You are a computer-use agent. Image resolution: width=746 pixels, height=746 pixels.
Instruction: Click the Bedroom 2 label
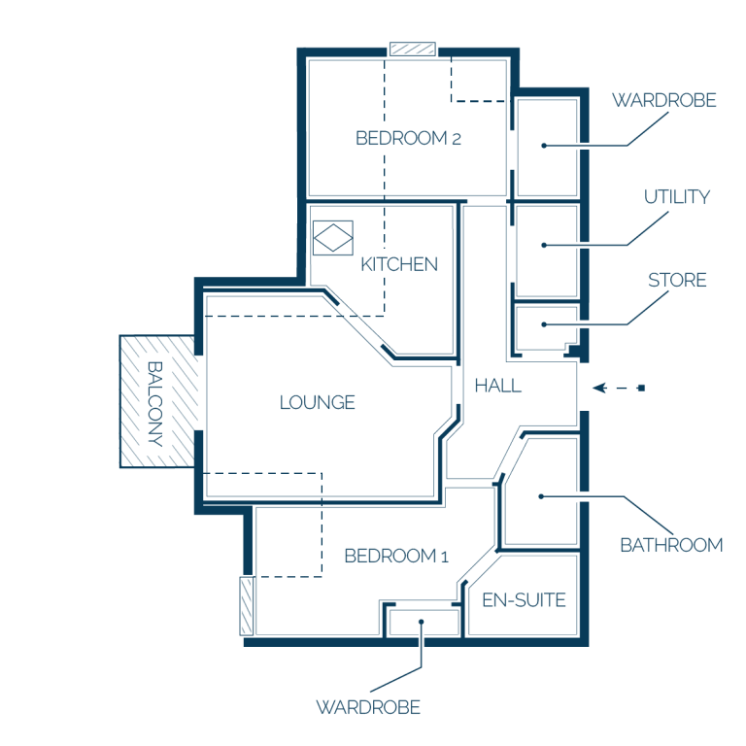(408, 138)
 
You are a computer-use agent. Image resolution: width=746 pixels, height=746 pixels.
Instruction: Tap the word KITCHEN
(399, 264)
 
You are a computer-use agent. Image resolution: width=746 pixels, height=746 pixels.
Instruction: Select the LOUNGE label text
(318, 402)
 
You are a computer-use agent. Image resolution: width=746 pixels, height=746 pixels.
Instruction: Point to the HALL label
(498, 386)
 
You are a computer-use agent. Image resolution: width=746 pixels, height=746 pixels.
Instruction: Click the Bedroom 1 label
(396, 556)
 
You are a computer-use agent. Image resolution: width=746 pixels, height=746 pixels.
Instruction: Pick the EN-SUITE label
(524, 600)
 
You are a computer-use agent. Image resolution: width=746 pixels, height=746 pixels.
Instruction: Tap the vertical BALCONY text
(155, 404)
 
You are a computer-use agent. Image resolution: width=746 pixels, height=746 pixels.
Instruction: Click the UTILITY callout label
(677, 196)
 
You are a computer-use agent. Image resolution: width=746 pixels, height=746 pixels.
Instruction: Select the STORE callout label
(677, 280)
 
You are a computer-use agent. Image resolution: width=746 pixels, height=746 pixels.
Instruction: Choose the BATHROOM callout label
(671, 545)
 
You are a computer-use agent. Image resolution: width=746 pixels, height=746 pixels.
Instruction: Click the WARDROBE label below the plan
(368, 707)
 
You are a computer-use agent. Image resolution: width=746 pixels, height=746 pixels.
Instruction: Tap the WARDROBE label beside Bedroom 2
(664, 100)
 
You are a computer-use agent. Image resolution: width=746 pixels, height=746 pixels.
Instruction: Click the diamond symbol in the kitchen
(333, 237)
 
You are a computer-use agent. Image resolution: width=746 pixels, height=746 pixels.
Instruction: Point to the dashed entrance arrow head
(599, 389)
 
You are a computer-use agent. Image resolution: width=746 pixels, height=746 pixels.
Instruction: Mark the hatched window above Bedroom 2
(413, 49)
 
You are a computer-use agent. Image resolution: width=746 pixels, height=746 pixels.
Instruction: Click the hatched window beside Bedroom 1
(247, 606)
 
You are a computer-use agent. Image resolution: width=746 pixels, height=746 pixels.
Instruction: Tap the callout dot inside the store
(544, 324)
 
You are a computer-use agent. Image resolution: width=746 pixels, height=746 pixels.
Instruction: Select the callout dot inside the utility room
(544, 245)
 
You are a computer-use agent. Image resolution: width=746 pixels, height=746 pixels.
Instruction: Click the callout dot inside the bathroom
(541, 496)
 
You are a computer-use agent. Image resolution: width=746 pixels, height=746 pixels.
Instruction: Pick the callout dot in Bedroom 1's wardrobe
(421, 622)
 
